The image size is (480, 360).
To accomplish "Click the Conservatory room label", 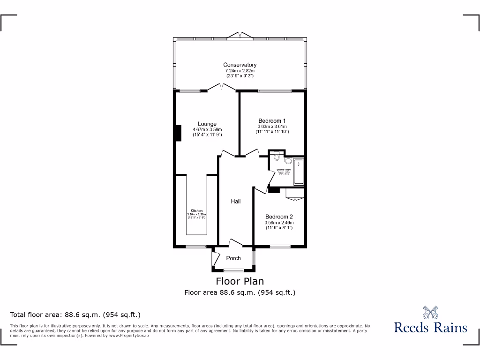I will click(x=240, y=65).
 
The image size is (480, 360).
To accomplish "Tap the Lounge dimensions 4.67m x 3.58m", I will click(x=207, y=130).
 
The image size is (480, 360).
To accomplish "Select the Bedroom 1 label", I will click(x=272, y=120).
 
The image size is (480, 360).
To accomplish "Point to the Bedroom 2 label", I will click(x=279, y=217).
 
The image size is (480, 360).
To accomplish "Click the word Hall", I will click(x=235, y=201).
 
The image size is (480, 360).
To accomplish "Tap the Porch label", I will click(x=233, y=258).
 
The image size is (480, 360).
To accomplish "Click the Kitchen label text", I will click(x=196, y=210).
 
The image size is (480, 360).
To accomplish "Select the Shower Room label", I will click(x=283, y=169).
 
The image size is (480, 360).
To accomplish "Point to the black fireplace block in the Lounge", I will click(x=178, y=133).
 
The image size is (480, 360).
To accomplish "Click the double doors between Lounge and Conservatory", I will click(x=222, y=87).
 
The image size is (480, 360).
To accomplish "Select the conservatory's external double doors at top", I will click(x=240, y=36).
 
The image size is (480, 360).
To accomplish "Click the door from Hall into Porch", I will click(x=235, y=242).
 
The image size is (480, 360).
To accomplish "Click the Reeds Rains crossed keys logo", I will click(x=430, y=312).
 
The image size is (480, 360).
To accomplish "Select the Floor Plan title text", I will click(x=240, y=281).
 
